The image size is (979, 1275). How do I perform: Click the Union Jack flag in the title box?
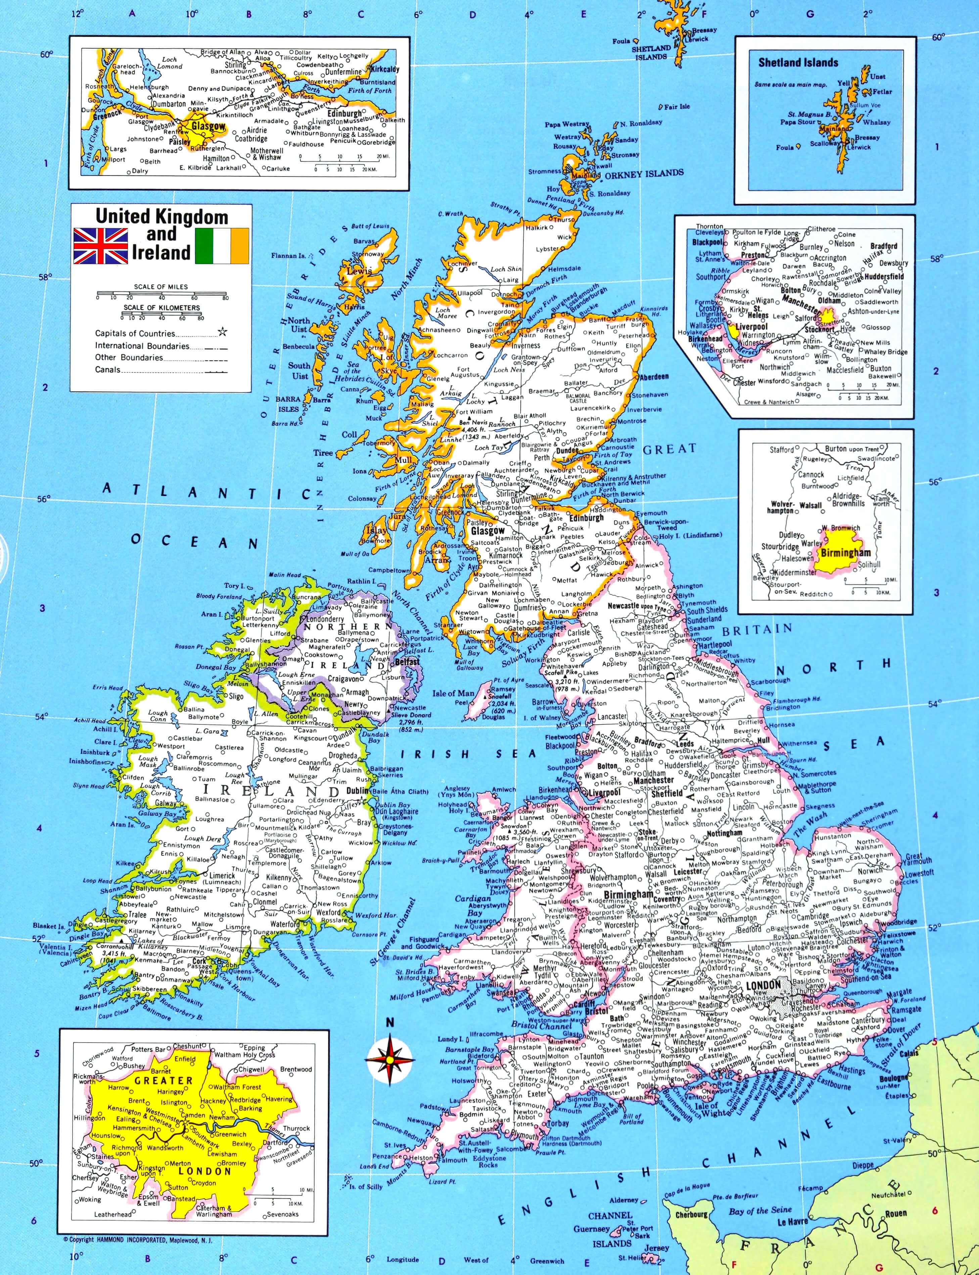pos(100,246)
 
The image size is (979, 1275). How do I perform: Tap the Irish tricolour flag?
pos(222,246)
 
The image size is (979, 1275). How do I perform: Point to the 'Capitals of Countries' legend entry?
pos(135,334)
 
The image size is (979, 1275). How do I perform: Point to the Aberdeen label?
pos(654,377)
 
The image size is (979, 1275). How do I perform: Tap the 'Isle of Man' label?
pos(453,693)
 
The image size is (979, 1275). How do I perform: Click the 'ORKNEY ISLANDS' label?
pos(643,173)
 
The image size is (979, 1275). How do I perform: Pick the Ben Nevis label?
pos(473,422)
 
